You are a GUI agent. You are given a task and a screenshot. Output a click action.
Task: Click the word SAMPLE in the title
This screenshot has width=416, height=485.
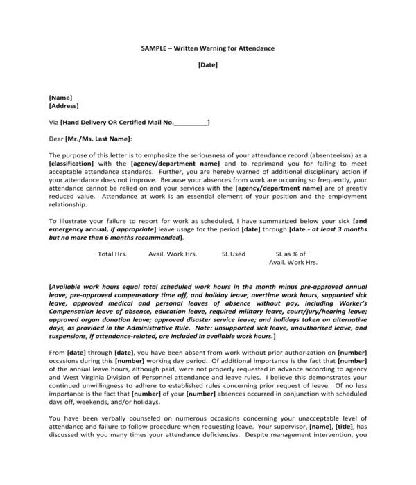pos(154,48)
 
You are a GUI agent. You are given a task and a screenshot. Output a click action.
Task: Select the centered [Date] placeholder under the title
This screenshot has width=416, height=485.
pos(207,65)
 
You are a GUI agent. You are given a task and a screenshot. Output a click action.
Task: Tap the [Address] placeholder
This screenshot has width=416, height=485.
pos(64,107)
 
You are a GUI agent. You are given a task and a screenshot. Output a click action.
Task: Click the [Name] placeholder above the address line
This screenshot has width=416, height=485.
pos(60,98)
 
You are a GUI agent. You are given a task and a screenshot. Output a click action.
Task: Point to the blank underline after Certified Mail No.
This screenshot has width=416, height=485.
pos(190,123)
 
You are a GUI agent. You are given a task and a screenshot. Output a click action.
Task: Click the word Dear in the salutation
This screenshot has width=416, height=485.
pos(56,139)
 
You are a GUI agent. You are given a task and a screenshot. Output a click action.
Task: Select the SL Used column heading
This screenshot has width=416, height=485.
pos(233,254)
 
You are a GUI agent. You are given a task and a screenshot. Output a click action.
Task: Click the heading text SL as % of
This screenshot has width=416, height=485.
pos(292,254)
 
